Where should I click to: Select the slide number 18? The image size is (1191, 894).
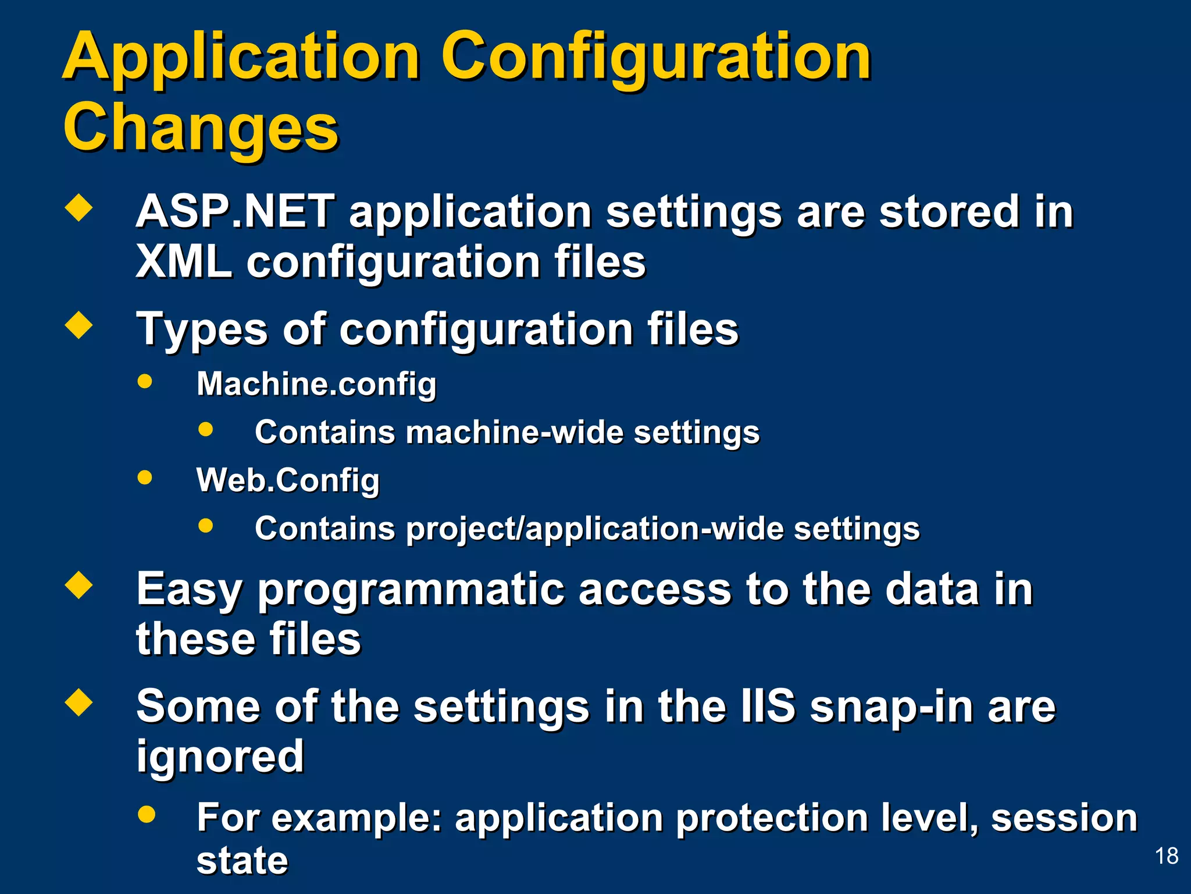coord(1166,856)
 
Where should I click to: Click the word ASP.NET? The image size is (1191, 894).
coord(235,212)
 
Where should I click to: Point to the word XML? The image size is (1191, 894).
coord(184,262)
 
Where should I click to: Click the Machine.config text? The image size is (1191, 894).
coord(316,385)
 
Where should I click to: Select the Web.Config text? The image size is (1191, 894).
coord(288,481)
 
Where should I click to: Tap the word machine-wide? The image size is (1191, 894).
coord(515,433)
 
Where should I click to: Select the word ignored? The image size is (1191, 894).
coord(220,757)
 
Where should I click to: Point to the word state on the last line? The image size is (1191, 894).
coord(242,861)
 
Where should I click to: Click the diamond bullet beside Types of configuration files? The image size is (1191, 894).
coord(79,326)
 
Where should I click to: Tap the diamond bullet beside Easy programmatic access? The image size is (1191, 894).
coord(79,586)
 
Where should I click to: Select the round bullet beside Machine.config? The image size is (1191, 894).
coord(145,382)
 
